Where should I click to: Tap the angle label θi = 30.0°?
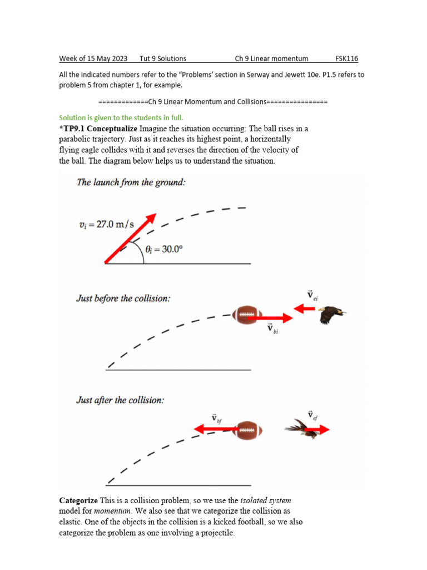[x=164, y=249]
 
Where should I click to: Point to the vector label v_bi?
[x=272, y=329]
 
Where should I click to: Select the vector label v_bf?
[x=216, y=417]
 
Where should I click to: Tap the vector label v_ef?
[x=312, y=415]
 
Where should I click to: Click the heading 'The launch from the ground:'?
[x=130, y=183]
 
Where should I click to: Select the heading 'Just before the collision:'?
[x=123, y=298]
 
